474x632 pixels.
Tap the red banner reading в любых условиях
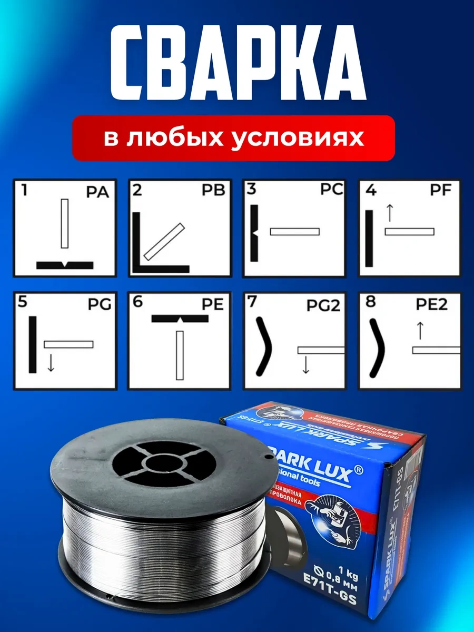pyautogui.click(x=233, y=137)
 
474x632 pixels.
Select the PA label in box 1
pyautogui.click(x=97, y=192)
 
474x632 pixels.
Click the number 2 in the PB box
pyautogui.click(x=137, y=190)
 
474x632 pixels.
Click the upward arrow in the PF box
pyautogui.click(x=390, y=213)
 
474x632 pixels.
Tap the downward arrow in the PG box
pyautogui.click(x=51, y=362)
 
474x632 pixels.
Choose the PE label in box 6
pyautogui.click(x=213, y=304)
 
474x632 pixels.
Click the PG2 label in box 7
pyautogui.click(x=325, y=305)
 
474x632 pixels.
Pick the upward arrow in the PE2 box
pyautogui.click(x=420, y=331)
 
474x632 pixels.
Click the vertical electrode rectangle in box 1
pyautogui.click(x=65, y=223)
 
